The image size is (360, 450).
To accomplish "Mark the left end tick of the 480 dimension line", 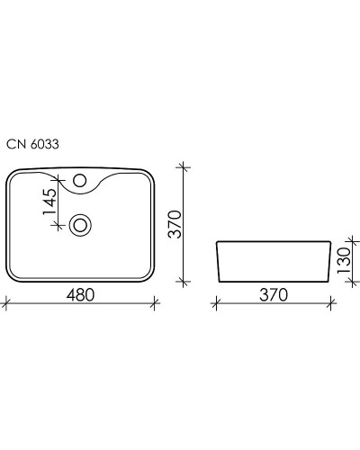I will [6, 302].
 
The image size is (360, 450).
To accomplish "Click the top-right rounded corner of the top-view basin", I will [150, 174].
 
